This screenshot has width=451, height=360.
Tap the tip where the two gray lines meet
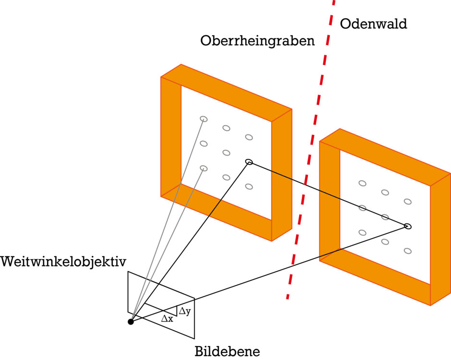pos(132,317)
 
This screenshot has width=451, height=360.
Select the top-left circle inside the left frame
pos(204,119)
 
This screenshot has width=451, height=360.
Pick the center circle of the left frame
pos(226,153)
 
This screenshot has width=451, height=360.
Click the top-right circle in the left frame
pos(249,137)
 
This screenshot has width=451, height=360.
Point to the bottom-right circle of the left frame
pos(249,186)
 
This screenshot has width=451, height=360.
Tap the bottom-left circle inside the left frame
pos(204,168)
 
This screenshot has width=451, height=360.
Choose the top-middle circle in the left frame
pos(226,128)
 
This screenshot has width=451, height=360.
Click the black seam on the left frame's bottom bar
pos(215,208)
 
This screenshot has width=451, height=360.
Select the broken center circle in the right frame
pos(385,217)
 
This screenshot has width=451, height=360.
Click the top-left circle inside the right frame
pos(362,183)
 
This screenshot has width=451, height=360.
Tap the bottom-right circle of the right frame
pos(408,251)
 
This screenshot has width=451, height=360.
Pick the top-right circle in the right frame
pos(408,201)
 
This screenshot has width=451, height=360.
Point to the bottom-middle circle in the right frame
pos(385,241)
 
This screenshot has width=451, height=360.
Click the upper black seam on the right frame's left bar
pos(330,194)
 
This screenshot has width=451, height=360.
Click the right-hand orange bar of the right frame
pos(440,240)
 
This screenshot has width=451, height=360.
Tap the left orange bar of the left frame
pos(171,134)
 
